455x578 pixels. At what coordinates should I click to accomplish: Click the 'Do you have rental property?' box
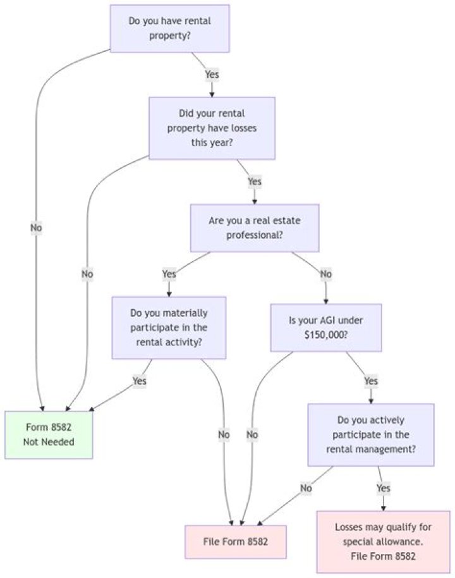tap(169, 28)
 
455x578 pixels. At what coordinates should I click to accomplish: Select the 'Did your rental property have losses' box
tap(212, 128)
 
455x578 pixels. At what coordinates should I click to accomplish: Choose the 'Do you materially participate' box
tap(169, 328)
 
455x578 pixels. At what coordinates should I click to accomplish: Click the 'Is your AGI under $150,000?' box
tap(325, 328)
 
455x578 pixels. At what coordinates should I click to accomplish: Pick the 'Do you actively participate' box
tap(370, 435)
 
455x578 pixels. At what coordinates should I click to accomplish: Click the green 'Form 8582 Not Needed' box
tap(49, 434)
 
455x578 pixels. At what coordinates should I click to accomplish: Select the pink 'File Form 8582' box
tap(235, 541)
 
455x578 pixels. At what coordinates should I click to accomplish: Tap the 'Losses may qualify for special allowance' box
tap(383, 541)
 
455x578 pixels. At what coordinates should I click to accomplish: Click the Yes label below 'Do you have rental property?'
tap(212, 75)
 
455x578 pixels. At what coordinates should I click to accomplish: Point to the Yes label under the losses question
tap(254, 181)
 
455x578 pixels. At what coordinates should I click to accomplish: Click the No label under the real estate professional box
tap(326, 274)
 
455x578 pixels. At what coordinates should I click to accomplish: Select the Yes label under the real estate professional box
tap(169, 274)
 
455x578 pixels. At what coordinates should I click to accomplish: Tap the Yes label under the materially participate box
tap(139, 381)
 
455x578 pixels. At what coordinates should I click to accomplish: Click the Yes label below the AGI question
tap(370, 381)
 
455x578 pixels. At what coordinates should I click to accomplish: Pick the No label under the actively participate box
tap(306, 488)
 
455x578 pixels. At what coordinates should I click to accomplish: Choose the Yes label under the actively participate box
tap(383, 488)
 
